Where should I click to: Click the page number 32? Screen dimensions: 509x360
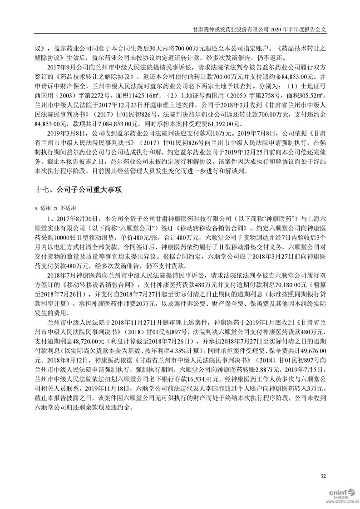pyautogui.click(x=323, y=476)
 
